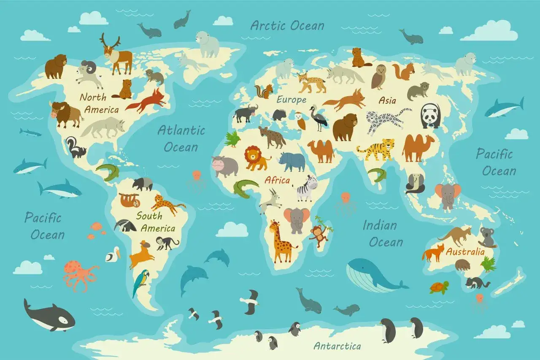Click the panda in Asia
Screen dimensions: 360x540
pyautogui.click(x=431, y=115)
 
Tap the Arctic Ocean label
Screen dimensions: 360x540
pyautogui.click(x=287, y=25)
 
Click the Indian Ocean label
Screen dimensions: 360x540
pyautogui.click(x=382, y=233)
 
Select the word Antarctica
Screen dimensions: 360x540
pyautogui.click(x=337, y=346)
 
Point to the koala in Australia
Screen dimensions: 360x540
pyautogui.click(x=488, y=237)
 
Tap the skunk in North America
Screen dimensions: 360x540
pyautogui.click(x=75, y=148)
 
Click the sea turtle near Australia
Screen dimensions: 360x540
pyautogui.click(x=439, y=287)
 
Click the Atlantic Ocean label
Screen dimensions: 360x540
pyautogui.click(x=181, y=138)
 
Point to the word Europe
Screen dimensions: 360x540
pyautogui.click(x=292, y=100)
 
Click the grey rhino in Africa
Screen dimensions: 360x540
pyautogui.click(x=292, y=161)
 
